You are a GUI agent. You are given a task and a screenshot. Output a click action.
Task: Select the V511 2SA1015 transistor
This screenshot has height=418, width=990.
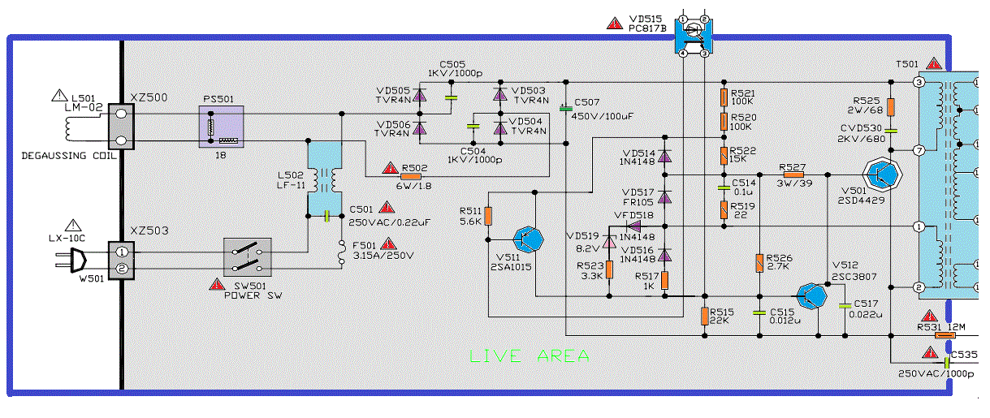click(530, 238)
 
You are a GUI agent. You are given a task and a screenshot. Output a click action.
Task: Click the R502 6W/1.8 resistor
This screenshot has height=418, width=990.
click(413, 175)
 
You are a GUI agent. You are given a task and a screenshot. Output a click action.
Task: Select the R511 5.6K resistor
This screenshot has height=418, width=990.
click(488, 216)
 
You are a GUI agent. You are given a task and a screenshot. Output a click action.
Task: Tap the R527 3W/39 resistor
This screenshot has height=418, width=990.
click(792, 174)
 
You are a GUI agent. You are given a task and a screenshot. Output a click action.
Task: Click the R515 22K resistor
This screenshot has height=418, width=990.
click(704, 315)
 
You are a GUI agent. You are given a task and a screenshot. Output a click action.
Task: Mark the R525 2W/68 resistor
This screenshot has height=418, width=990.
click(891, 106)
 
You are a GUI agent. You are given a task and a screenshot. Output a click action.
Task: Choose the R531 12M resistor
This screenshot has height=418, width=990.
click(945, 334)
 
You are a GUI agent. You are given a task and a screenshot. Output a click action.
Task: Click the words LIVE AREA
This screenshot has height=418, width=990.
click(530, 356)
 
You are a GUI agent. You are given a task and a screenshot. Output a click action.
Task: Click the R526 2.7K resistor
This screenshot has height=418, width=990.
click(759, 263)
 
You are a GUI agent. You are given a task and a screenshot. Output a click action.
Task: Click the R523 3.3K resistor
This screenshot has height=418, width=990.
click(610, 269)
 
